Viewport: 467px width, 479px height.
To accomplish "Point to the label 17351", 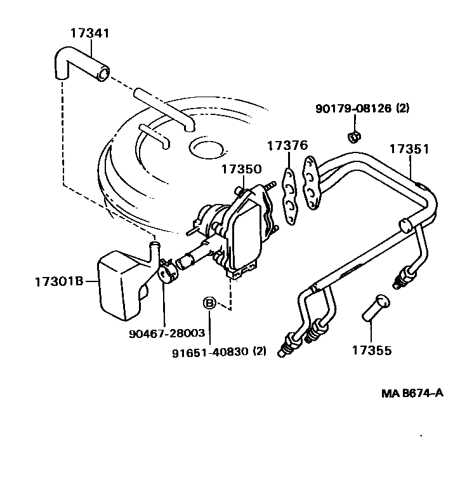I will point(409,149).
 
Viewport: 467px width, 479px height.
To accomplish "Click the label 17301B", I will point(59,280).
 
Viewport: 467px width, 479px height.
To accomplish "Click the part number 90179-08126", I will point(354,109).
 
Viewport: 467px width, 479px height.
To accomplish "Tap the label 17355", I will point(372,350).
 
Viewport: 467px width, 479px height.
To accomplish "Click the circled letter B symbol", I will point(209,304).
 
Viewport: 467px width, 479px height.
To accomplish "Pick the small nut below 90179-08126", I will point(354,137).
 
